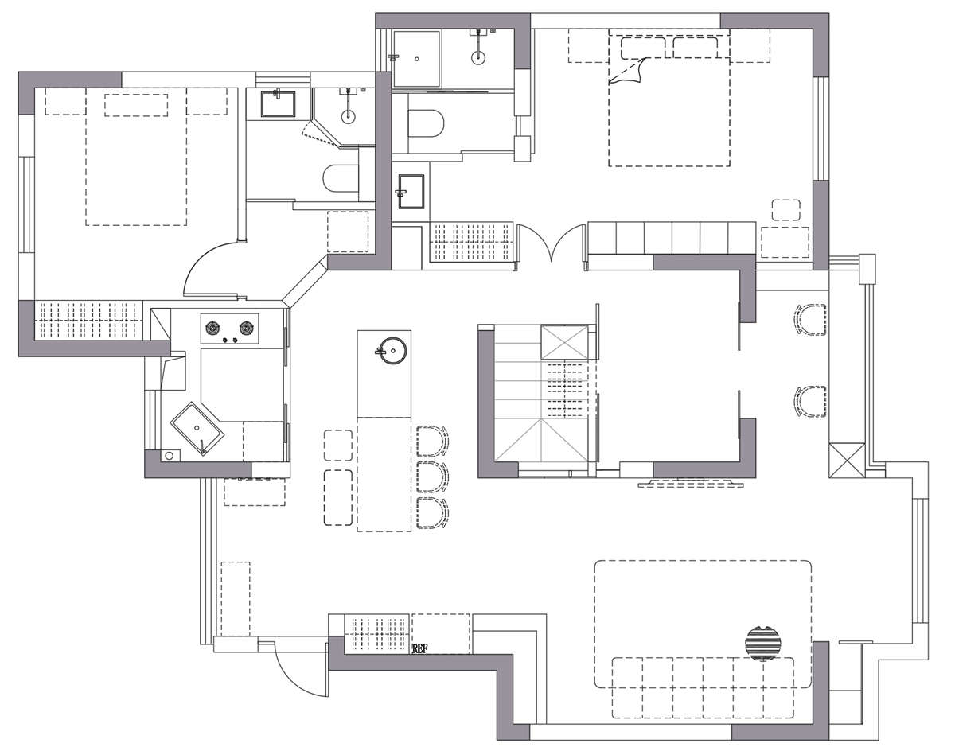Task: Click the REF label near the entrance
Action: [419, 649]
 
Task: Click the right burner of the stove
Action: [247, 329]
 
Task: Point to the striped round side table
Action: [763, 641]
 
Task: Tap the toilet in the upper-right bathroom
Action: [425, 123]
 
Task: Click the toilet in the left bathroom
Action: [341, 178]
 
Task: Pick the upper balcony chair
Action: [810, 319]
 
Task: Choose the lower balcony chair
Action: [810, 402]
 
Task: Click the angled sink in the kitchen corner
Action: [197, 429]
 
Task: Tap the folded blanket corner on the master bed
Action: [626, 71]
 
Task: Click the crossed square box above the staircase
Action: [564, 341]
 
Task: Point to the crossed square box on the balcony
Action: [847, 461]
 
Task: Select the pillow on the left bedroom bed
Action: [136, 105]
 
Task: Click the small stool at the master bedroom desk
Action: [786, 210]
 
